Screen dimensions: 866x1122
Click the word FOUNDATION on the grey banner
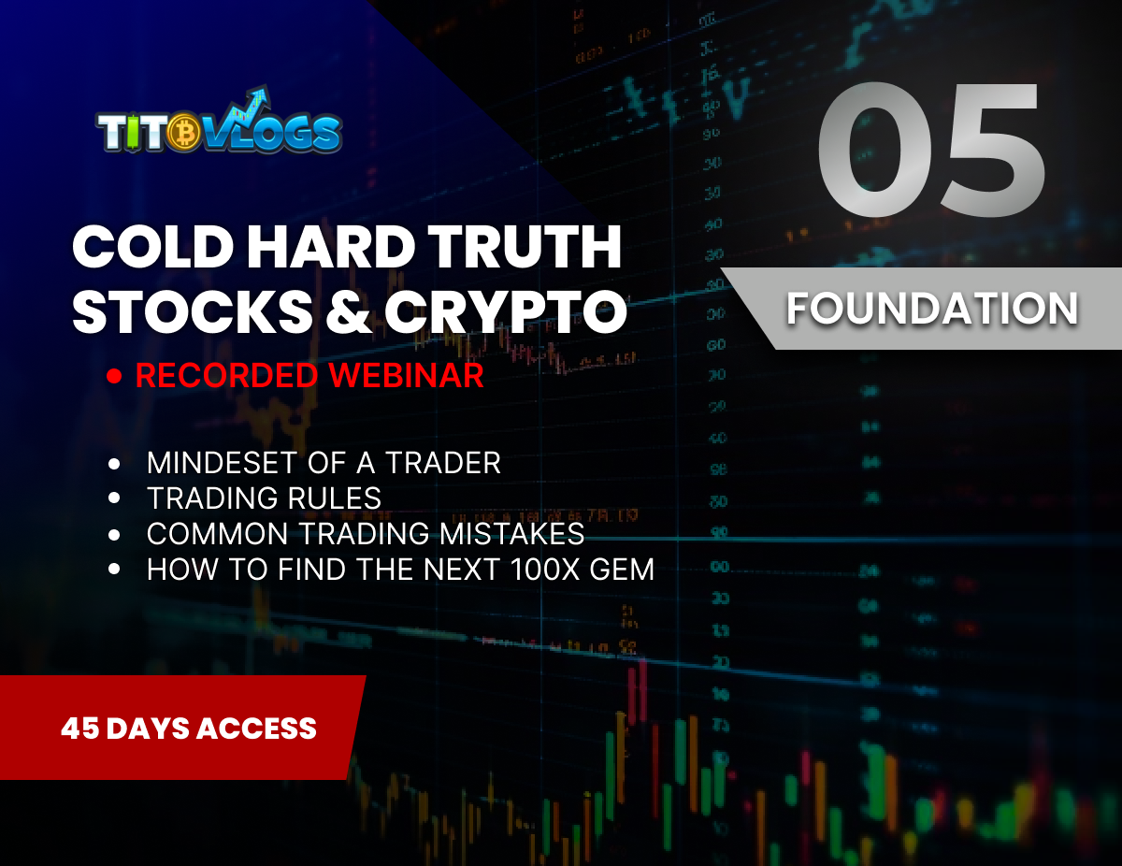pyautogui.click(x=931, y=310)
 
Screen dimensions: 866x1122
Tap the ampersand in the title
pyautogui.click(x=345, y=312)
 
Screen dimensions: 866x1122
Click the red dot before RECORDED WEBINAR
pyautogui.click(x=115, y=376)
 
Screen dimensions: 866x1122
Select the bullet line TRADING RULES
pyautogui.click(x=264, y=498)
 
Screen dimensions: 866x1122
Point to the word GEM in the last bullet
pyautogui.click(x=620, y=570)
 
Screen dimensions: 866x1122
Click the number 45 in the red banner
pyautogui.click(x=80, y=729)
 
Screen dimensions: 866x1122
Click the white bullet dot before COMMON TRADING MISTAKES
pyautogui.click(x=115, y=535)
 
